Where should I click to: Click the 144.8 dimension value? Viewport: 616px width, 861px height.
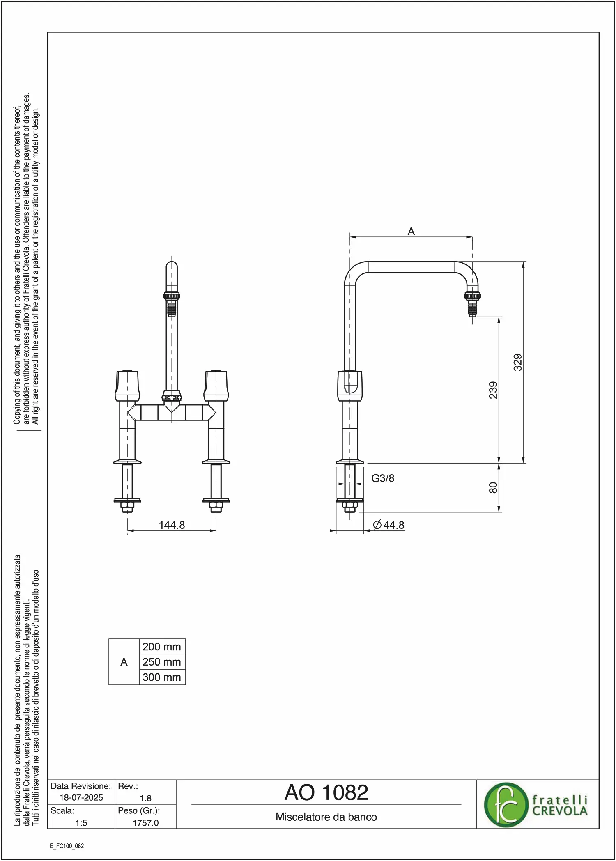(x=172, y=525)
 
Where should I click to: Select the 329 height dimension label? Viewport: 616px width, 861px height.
(x=518, y=362)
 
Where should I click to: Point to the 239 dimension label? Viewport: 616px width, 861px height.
(x=493, y=390)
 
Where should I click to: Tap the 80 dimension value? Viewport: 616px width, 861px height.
(x=493, y=488)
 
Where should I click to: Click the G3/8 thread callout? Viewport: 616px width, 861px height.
(x=383, y=478)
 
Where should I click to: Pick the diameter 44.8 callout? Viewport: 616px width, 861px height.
(x=389, y=525)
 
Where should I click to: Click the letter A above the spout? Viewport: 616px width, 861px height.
(x=411, y=232)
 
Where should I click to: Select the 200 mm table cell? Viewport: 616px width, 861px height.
(x=162, y=647)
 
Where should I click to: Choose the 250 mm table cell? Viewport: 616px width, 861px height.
(x=162, y=662)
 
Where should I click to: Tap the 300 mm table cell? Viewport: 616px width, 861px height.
(x=162, y=677)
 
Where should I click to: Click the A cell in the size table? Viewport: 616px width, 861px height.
(x=124, y=662)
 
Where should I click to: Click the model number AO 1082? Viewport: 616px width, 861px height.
(x=326, y=793)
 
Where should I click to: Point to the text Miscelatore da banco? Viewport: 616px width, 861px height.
(x=326, y=817)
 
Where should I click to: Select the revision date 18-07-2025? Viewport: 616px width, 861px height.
(x=81, y=798)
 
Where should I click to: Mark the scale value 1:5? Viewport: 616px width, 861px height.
(x=81, y=823)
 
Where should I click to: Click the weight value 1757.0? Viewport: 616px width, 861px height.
(x=145, y=823)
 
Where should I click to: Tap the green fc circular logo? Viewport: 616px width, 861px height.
(x=506, y=805)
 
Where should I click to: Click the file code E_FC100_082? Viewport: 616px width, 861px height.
(x=67, y=846)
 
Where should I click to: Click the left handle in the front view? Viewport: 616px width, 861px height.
(x=127, y=386)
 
